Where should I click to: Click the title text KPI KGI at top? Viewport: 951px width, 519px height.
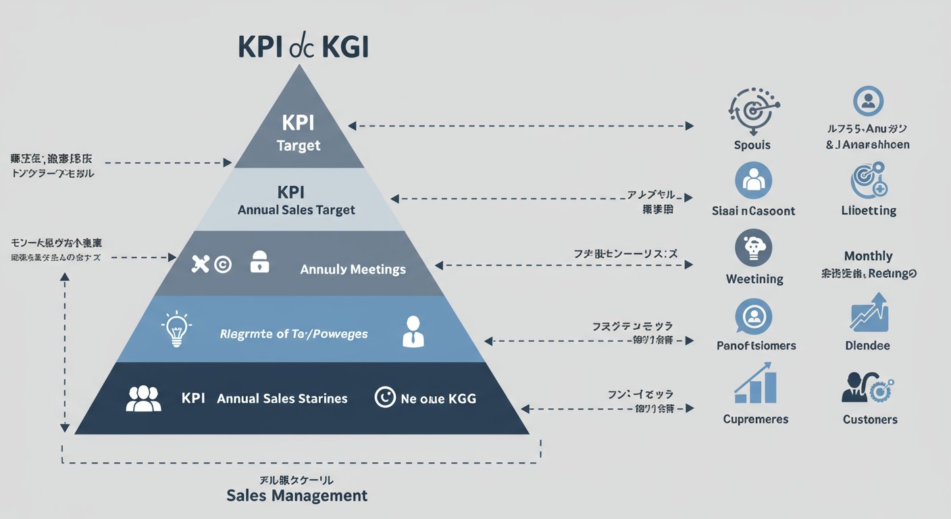pyautogui.click(x=303, y=49)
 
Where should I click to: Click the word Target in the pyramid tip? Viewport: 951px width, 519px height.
pyautogui.click(x=299, y=145)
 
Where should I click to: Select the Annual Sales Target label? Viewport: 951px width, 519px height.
pyautogui.click(x=297, y=210)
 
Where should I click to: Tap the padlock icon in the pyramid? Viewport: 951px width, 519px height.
pyautogui.click(x=259, y=263)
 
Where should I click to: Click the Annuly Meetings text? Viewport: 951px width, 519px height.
pyautogui.click(x=353, y=270)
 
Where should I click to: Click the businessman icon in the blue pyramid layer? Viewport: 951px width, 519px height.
pyautogui.click(x=413, y=331)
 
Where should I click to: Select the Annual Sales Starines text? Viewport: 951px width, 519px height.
pyautogui.click(x=282, y=399)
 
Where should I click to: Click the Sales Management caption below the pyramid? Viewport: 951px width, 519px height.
pyautogui.click(x=297, y=495)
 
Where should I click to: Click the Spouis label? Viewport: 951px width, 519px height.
pyautogui.click(x=752, y=145)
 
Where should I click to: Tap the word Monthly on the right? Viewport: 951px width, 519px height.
pyautogui.click(x=868, y=256)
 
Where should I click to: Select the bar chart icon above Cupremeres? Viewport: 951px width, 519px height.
pyautogui.click(x=755, y=384)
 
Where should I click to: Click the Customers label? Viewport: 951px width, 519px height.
pyautogui.click(x=870, y=420)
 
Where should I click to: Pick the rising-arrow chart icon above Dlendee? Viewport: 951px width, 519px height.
pyautogui.click(x=869, y=312)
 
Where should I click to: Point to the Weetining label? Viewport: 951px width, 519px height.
pyautogui.click(x=754, y=279)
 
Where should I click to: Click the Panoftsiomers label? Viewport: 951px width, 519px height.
pyautogui.click(x=756, y=346)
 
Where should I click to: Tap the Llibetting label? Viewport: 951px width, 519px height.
pyautogui.click(x=869, y=211)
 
